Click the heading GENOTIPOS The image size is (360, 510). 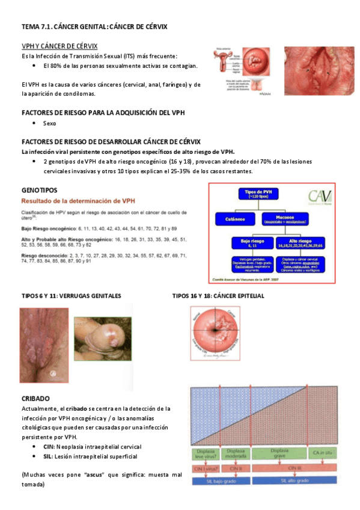pos(39,189)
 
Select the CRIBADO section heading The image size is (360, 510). pos(35,398)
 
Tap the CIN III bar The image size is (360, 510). pos(294,468)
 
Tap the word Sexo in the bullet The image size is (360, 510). pos(50,123)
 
